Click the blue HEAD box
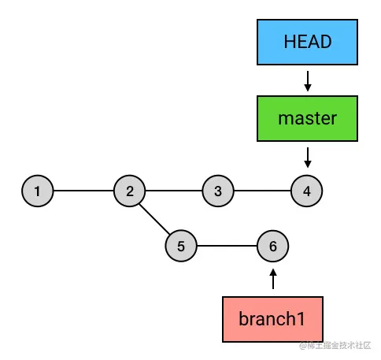307,42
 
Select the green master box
307,119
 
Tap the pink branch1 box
272,319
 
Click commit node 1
38,191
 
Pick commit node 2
129,191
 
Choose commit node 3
218,191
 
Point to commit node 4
307,191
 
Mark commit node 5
181,246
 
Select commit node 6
273,246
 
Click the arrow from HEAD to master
308,81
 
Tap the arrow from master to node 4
308,158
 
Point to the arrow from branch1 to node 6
273,279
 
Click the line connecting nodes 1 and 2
83,191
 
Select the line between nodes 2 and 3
174,191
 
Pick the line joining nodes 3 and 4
262,191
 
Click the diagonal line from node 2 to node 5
155,219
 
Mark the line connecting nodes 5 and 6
227,246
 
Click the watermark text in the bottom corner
335,345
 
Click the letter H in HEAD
290,42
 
